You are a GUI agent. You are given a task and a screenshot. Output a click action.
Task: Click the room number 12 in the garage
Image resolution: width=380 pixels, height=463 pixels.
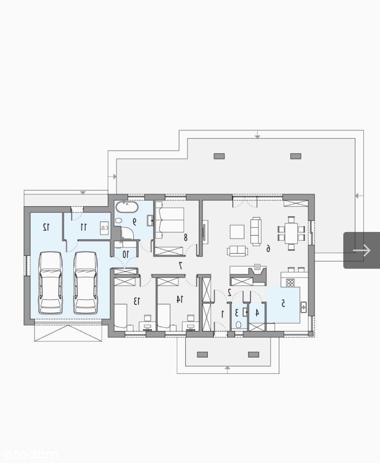click(x=46, y=227)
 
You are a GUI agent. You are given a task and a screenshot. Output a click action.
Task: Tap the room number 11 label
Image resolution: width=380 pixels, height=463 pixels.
click(x=84, y=227)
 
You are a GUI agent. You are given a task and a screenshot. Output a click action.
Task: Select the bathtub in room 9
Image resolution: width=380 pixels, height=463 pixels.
click(x=127, y=207)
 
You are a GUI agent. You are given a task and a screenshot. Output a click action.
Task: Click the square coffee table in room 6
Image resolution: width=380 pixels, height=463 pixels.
click(x=237, y=232)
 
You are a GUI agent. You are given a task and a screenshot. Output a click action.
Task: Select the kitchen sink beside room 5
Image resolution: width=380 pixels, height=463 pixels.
click(x=303, y=307)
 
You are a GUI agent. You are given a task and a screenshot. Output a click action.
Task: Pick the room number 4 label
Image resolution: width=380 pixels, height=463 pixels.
click(x=257, y=313)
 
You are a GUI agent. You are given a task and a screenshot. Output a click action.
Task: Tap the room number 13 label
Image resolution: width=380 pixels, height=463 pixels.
click(x=136, y=301)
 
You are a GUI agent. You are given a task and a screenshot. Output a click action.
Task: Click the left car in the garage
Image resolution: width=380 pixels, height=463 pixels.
click(x=51, y=283)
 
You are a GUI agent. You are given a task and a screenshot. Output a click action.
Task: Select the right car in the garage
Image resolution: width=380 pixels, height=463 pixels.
click(x=85, y=283)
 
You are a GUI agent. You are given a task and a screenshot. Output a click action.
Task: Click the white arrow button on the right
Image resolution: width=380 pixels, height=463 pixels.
click(x=361, y=250)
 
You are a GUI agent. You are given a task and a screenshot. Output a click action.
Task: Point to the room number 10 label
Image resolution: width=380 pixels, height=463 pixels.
click(x=126, y=254)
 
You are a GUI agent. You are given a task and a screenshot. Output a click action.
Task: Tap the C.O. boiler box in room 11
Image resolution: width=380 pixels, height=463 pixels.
click(x=104, y=228)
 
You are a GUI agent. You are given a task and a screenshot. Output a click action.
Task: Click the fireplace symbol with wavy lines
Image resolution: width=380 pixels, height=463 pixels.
click(x=257, y=267)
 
